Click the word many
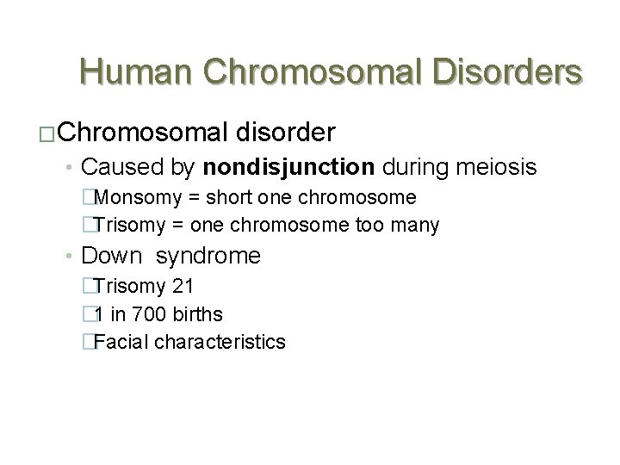point(418,226)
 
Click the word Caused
point(113,166)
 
